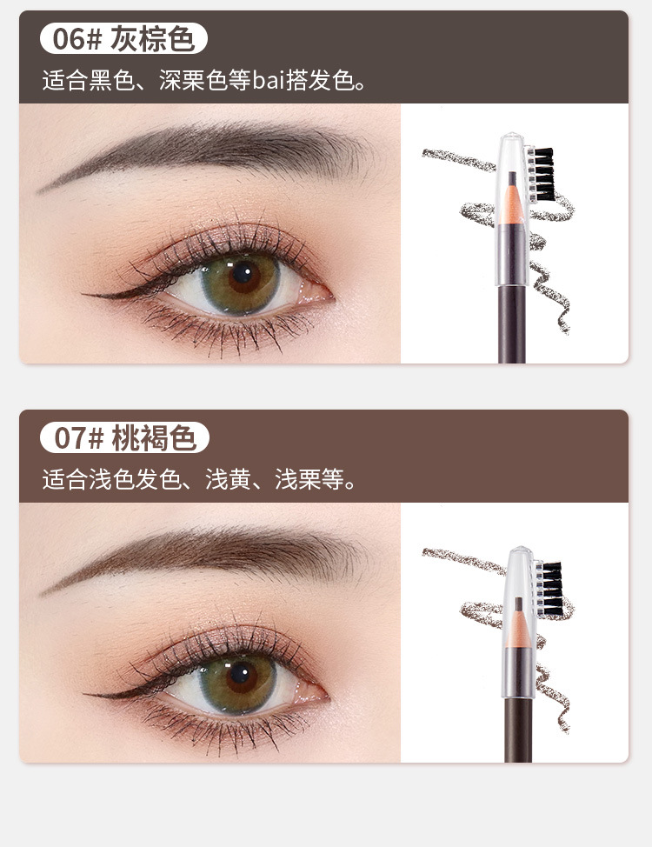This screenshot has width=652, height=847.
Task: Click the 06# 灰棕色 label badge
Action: [x=123, y=38]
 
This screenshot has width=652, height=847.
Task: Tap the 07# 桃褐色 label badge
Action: [x=124, y=437]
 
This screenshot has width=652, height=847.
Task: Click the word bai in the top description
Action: [x=269, y=81]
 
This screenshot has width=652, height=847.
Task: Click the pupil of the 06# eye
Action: [x=243, y=273]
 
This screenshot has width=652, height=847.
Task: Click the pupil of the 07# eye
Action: [x=241, y=675]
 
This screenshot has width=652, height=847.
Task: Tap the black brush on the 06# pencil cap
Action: [x=542, y=174]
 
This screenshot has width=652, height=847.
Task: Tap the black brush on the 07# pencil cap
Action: [x=551, y=589]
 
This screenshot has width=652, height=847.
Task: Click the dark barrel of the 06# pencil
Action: [x=511, y=324]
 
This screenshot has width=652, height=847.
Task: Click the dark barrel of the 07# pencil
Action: [x=519, y=730]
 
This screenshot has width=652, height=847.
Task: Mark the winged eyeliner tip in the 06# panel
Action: [x=83, y=295]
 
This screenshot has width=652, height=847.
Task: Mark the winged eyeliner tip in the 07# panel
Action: [x=86, y=693]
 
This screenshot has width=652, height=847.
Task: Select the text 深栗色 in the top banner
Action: [x=193, y=81]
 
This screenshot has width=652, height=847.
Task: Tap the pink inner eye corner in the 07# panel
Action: [x=316, y=694]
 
